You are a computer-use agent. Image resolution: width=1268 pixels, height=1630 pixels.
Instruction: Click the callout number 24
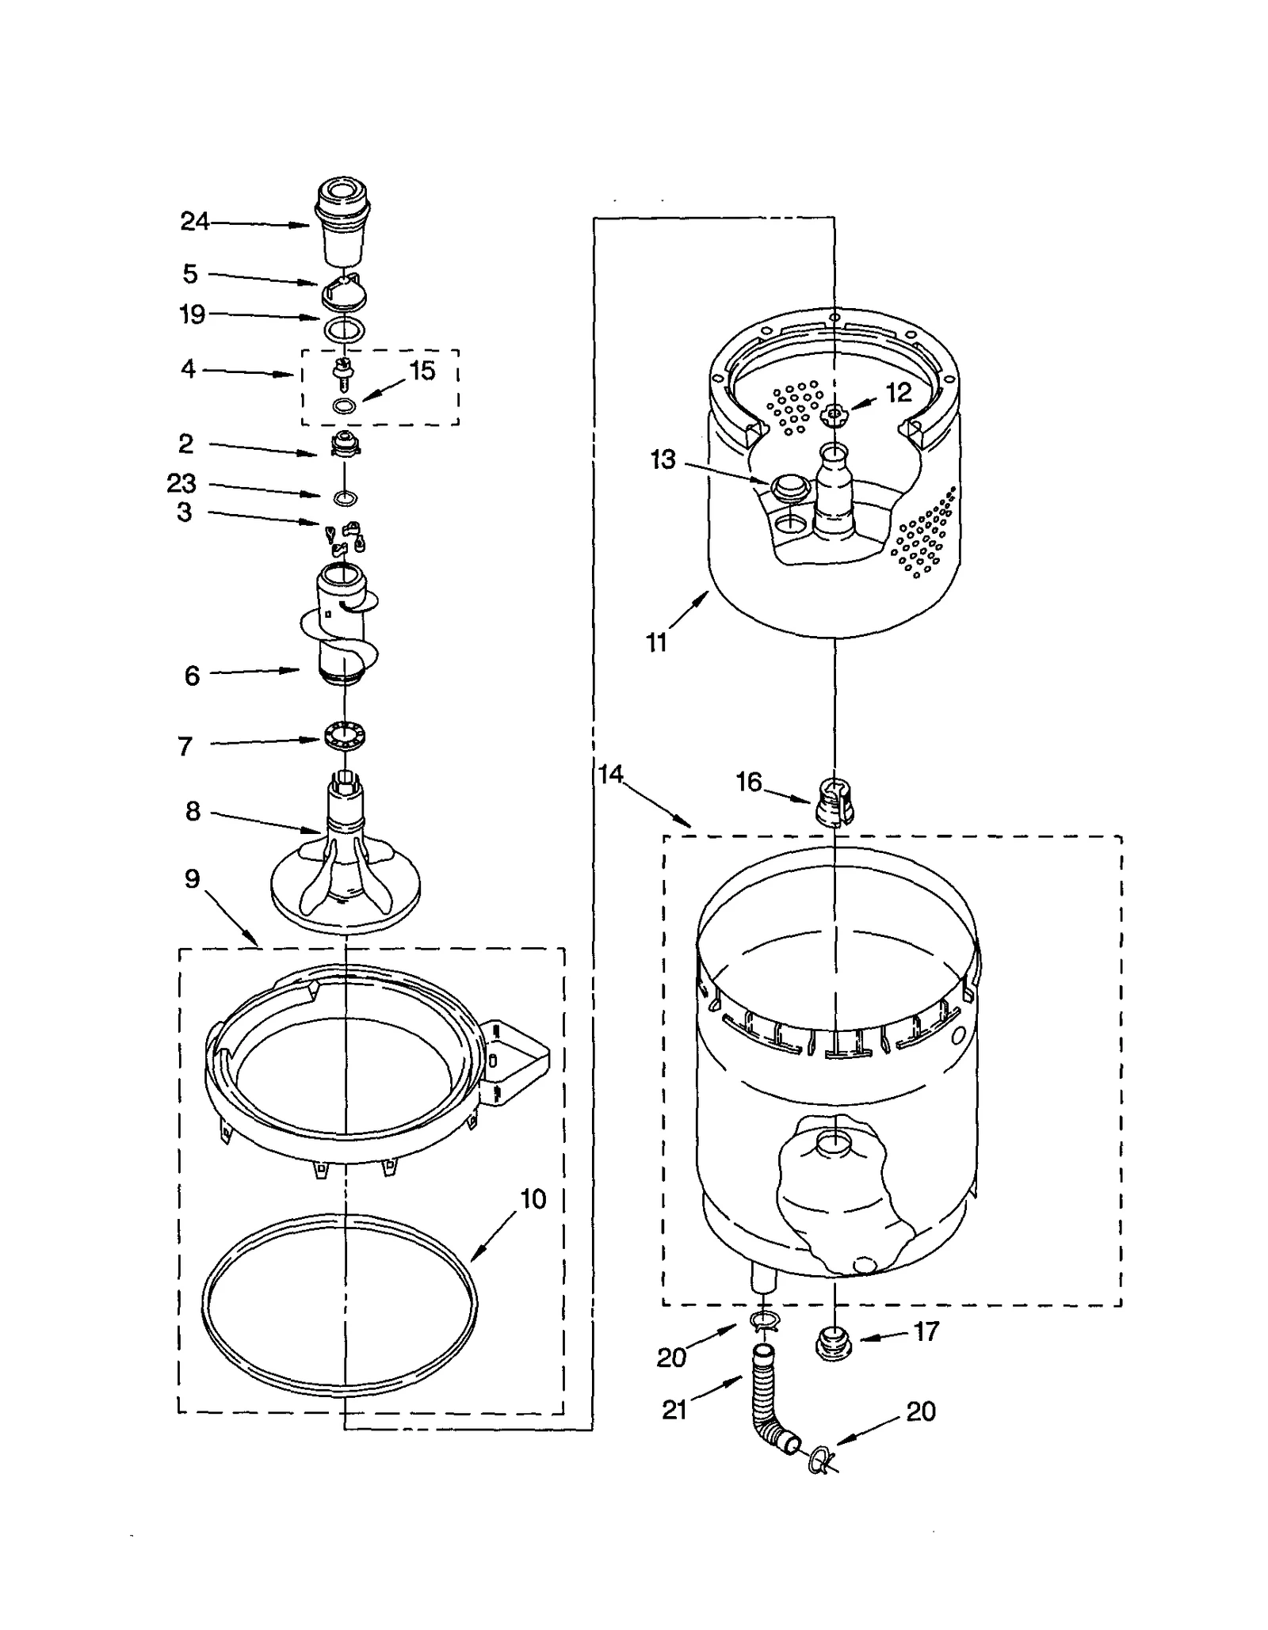point(194,221)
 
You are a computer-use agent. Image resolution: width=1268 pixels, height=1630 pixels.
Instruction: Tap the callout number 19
point(192,314)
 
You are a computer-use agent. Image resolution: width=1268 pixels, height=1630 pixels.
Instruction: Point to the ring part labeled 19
point(345,329)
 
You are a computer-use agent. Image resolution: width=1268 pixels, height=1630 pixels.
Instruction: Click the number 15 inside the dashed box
point(422,371)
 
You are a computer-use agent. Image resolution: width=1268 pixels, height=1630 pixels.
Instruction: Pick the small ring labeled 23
point(345,498)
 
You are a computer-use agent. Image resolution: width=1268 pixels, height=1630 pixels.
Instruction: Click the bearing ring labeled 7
point(345,734)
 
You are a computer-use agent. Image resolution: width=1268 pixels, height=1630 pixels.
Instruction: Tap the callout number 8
point(193,811)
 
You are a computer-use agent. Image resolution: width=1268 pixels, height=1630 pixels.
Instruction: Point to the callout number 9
point(192,878)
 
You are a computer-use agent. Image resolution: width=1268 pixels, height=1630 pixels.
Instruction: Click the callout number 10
point(533,1198)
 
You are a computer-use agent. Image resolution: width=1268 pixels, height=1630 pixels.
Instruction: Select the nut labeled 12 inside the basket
point(833,413)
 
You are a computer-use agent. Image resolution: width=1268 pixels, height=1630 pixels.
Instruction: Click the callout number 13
point(663,459)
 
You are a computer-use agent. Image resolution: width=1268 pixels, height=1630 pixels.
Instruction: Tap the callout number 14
point(610,774)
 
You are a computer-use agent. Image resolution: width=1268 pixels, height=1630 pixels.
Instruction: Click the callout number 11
point(656,642)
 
